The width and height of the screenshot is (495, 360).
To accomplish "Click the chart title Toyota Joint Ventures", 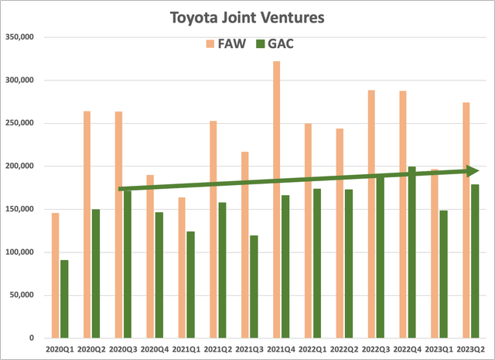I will (x=248, y=15).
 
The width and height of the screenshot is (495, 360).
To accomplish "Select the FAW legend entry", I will (x=227, y=43).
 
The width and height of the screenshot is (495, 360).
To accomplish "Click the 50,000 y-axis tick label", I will (x=26, y=295).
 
